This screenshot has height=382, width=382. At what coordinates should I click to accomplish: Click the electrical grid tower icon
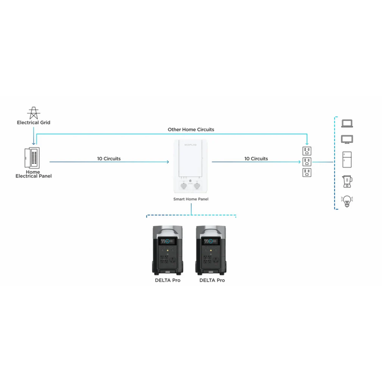pos(34,113)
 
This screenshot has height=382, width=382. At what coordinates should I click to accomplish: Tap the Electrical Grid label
pos(34,123)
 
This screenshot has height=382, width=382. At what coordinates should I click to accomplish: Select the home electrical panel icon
pos(32,158)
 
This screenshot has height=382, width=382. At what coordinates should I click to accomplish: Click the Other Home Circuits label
pos(191,129)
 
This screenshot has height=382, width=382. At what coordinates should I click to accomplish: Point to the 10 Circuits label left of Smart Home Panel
pos(109,159)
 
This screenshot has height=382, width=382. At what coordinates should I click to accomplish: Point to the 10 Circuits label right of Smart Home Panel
pos(256,159)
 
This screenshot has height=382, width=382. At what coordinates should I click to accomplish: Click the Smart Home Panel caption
pos(191,199)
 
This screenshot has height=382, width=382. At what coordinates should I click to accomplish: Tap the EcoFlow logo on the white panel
pos(191,145)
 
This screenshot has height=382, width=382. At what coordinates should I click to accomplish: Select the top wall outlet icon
pos(307,151)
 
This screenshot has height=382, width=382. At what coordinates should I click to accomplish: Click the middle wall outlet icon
pos(307,162)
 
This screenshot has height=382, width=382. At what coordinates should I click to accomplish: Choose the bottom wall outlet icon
pos(307,173)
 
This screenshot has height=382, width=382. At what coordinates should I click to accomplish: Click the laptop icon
pos(347,124)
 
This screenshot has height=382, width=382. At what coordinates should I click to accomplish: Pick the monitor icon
pos(347,139)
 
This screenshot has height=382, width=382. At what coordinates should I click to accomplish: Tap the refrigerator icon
pos(347,160)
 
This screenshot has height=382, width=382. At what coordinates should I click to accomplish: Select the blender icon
pos(347,181)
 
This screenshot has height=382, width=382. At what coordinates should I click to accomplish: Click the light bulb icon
pos(347,201)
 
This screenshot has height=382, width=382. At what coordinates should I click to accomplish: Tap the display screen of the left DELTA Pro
pos(168,241)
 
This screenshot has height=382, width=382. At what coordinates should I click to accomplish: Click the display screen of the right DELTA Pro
pos(211,241)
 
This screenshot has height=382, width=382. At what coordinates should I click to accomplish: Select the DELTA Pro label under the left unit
pos(168,280)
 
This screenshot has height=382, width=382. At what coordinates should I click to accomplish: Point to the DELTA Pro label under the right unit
pos(212,280)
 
